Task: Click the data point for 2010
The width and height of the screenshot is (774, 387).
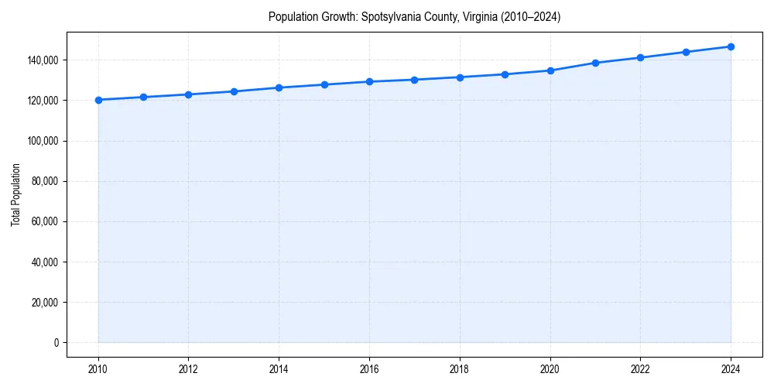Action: [x=98, y=100]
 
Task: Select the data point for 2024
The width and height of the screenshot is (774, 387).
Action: [x=731, y=46]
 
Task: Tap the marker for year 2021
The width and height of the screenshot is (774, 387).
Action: [x=595, y=63]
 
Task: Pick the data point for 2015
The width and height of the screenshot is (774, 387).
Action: [x=324, y=84]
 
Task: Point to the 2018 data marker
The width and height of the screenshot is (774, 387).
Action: [x=460, y=77]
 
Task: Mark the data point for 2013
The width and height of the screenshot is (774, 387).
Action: [x=234, y=91]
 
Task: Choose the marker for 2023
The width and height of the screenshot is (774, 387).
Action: [x=686, y=52]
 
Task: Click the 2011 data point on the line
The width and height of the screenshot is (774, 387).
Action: [x=143, y=97]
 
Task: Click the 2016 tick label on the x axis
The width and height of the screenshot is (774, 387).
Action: [x=369, y=368]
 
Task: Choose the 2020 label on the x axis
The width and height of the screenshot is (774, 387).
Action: [x=550, y=368]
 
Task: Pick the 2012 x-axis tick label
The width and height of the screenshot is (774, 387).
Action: [x=188, y=368]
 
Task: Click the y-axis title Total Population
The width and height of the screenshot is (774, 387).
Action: [x=15, y=194]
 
